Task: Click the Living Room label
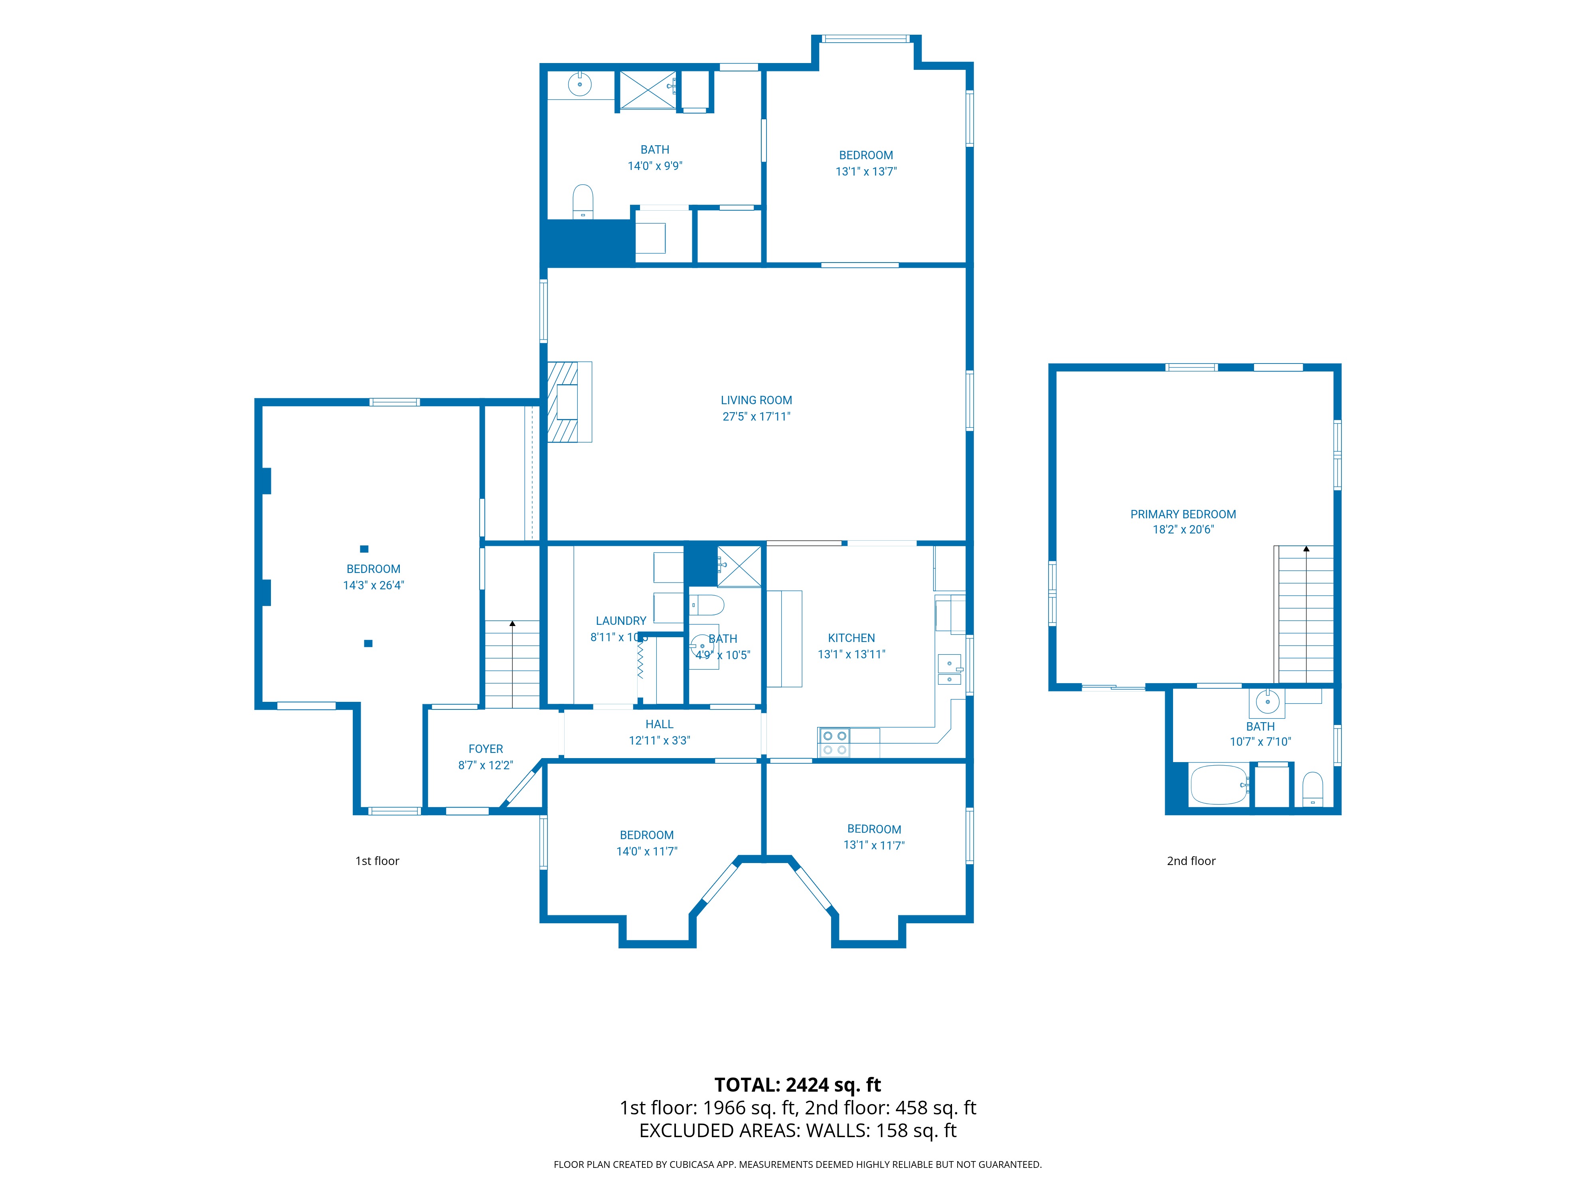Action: pyautogui.click(x=756, y=400)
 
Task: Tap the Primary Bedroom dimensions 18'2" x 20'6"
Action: pyautogui.click(x=1183, y=529)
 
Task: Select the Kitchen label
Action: pyautogui.click(x=851, y=638)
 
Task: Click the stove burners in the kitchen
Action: pyautogui.click(x=834, y=743)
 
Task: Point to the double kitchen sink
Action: pyautogui.click(x=950, y=670)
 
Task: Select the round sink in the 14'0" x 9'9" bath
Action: pyautogui.click(x=579, y=85)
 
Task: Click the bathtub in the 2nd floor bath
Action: pyautogui.click(x=1219, y=785)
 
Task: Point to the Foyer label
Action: pyautogui.click(x=486, y=749)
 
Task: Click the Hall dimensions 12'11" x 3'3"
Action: pyautogui.click(x=660, y=740)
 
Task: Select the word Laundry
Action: pyautogui.click(x=621, y=620)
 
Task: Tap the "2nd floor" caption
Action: pyautogui.click(x=1191, y=861)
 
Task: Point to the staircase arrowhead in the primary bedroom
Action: pyautogui.click(x=1306, y=549)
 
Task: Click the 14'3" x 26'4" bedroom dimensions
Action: pyautogui.click(x=373, y=585)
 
